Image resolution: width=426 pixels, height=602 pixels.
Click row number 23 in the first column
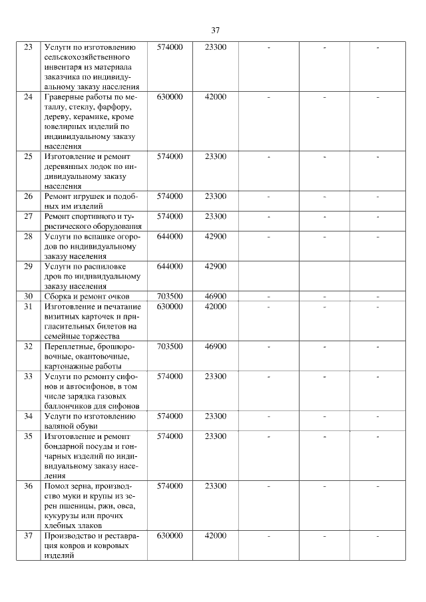[x=28, y=47]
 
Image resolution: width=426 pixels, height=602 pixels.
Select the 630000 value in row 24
[x=170, y=97]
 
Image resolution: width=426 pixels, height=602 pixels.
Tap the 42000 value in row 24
[x=216, y=97]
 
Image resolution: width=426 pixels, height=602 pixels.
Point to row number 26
[x=28, y=197]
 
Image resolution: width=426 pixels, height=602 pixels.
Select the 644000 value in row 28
[x=170, y=237]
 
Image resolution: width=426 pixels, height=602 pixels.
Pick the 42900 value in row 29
[x=216, y=267]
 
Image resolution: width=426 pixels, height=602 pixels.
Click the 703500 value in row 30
[x=170, y=297]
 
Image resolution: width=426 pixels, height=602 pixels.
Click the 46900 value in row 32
[x=216, y=347]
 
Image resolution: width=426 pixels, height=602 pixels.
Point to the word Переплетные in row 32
[x=67, y=347]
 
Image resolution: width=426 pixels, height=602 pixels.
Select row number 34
[x=28, y=416]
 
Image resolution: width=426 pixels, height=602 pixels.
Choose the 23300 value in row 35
[x=216, y=436]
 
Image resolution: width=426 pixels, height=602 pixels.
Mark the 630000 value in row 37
[x=170, y=536]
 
